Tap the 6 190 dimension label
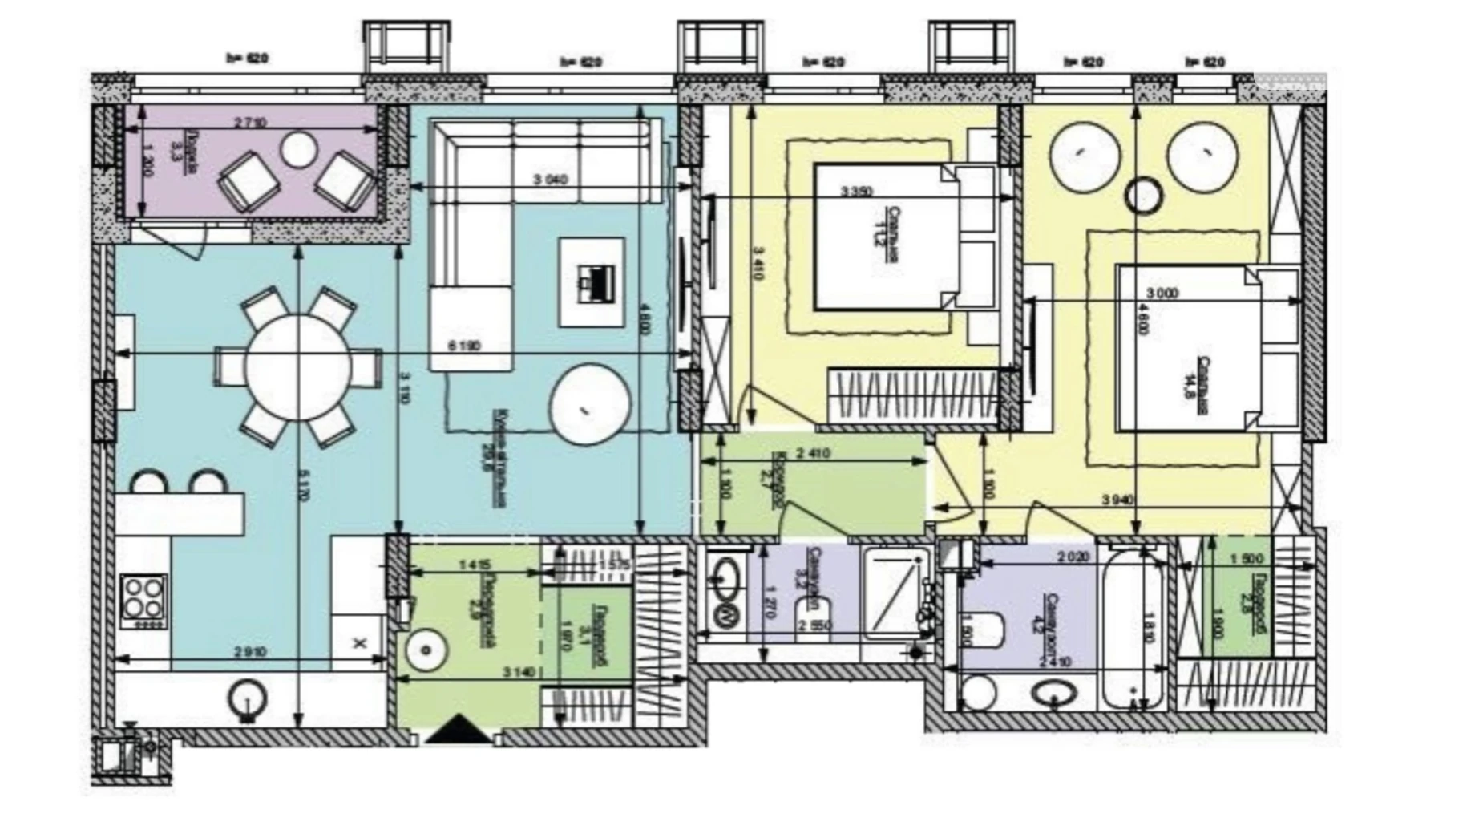click(465, 346)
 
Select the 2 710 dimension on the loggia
click(250, 123)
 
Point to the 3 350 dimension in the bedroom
click(856, 192)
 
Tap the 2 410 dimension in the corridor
click(813, 454)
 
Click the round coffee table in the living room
click(589, 405)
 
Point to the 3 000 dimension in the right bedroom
click(1162, 294)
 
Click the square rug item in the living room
click(592, 282)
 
